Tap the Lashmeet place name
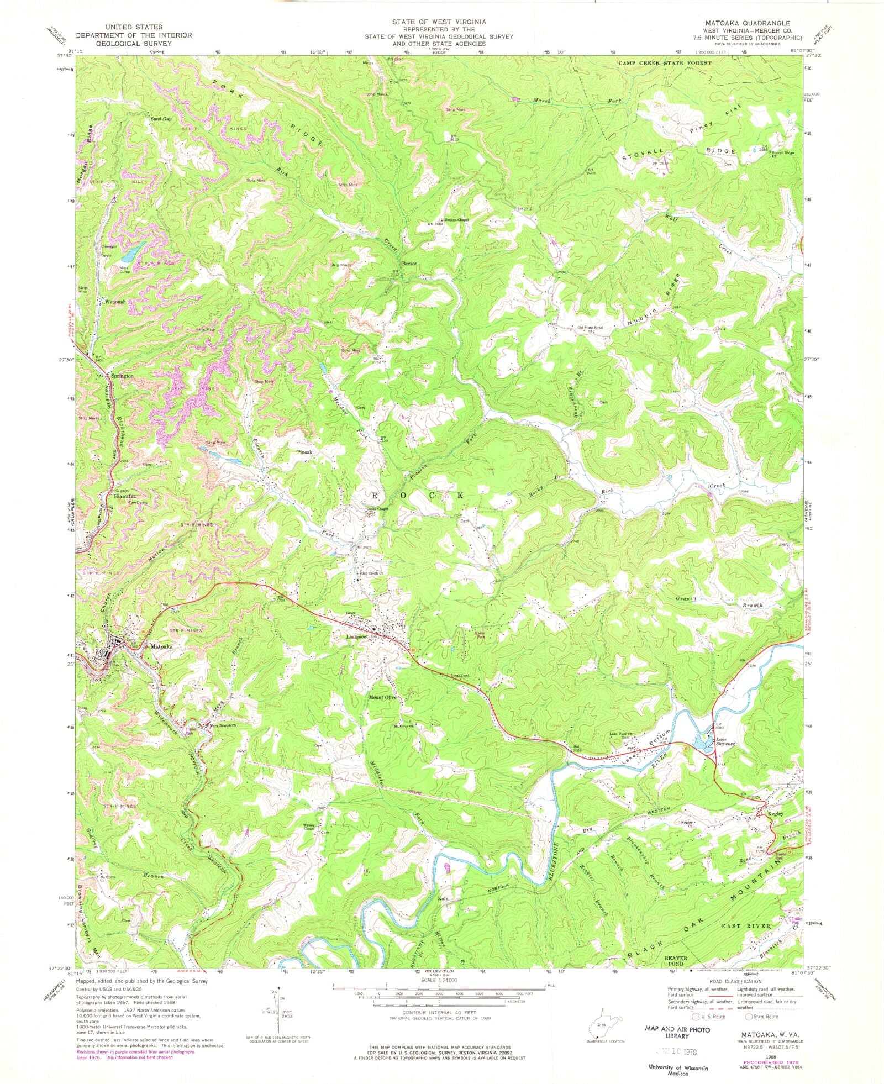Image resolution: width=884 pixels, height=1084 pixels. (x=357, y=637)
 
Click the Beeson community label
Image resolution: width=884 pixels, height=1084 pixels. (x=409, y=264)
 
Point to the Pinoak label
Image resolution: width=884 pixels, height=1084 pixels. (x=304, y=452)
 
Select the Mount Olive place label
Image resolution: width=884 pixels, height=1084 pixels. (x=383, y=697)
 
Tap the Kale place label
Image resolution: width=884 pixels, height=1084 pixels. (x=442, y=914)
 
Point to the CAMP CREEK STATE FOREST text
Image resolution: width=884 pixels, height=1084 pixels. (x=664, y=63)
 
